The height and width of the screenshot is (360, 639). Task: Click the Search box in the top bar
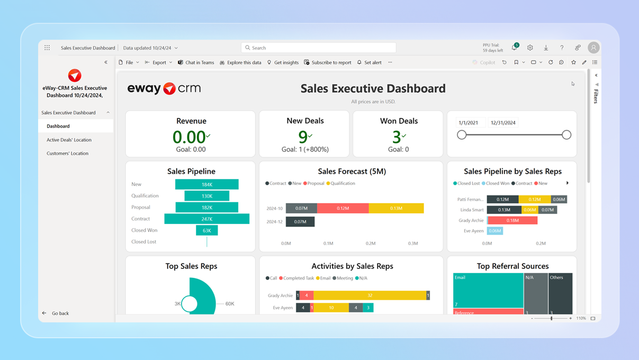click(x=318, y=48)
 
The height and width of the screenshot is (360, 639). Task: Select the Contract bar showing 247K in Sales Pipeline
click(x=206, y=219)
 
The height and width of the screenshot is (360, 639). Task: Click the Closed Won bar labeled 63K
click(x=206, y=230)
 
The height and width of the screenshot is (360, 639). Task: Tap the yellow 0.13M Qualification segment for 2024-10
click(x=396, y=208)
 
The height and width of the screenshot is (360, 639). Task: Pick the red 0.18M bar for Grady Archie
click(x=512, y=220)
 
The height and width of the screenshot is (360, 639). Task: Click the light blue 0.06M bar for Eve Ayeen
click(x=494, y=231)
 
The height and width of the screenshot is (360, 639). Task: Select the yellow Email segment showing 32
click(x=370, y=295)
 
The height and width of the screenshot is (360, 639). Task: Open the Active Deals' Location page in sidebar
click(x=69, y=140)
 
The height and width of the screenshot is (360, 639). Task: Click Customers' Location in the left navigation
click(x=67, y=154)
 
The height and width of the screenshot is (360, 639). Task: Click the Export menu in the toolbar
click(x=158, y=62)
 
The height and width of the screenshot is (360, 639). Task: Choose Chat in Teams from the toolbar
click(x=196, y=62)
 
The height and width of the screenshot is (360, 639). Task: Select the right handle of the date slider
click(x=566, y=135)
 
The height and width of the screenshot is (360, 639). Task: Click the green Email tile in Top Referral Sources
click(x=488, y=290)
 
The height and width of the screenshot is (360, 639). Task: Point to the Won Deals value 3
click(x=397, y=137)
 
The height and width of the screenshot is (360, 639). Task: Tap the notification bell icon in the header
click(x=514, y=48)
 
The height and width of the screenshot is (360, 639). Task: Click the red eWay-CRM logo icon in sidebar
click(x=75, y=75)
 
